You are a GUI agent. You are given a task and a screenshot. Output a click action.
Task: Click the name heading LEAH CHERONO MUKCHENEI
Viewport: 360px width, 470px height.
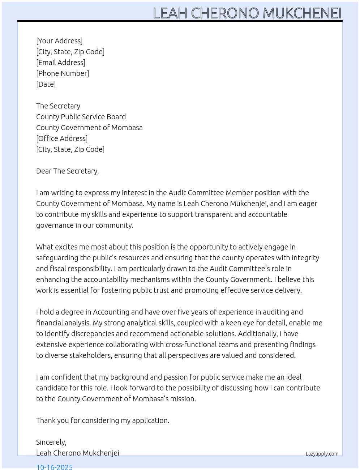(247, 13)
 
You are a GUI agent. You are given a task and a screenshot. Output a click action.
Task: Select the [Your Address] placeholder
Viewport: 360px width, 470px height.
(59, 41)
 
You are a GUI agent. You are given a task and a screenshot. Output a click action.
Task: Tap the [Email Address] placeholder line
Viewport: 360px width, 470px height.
(61, 63)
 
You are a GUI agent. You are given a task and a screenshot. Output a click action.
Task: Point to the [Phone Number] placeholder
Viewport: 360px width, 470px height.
(63, 73)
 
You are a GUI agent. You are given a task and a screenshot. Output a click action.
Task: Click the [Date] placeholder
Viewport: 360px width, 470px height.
(46, 84)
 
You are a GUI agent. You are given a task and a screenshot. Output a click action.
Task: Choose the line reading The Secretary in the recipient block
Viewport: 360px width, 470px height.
(58, 106)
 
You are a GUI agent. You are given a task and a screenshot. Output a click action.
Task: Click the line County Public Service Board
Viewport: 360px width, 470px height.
(81, 117)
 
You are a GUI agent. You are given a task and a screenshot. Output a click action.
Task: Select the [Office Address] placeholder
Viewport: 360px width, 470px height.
(62, 138)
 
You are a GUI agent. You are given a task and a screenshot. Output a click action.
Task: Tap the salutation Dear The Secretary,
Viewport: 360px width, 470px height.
(67, 171)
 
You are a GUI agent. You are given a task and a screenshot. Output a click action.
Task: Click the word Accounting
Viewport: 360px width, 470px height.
(111, 312)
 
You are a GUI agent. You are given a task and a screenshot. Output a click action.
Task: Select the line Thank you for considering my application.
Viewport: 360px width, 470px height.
(103, 420)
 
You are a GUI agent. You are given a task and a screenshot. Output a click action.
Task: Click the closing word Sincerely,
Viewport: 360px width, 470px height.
(51, 442)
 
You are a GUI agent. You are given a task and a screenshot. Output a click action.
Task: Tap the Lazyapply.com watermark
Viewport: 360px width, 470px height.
(322, 454)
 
